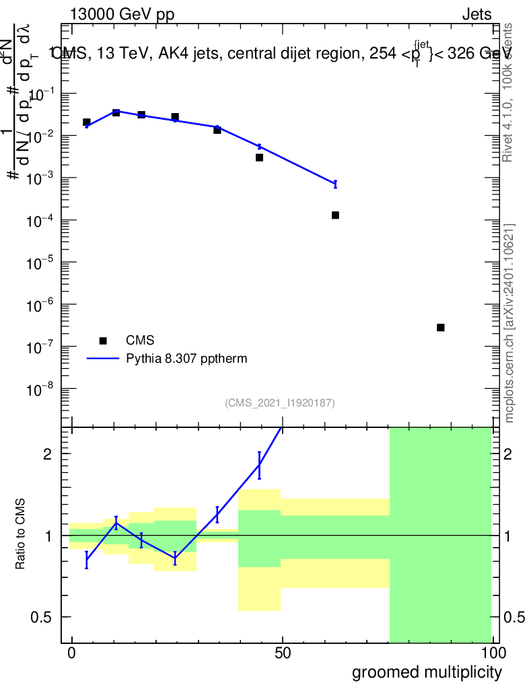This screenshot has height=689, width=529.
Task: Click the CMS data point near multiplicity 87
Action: [x=440, y=328]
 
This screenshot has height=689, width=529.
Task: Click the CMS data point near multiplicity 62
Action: [x=335, y=215]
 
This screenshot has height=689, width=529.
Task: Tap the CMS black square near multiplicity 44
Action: [x=259, y=157]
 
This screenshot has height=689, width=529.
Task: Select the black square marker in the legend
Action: [x=103, y=340]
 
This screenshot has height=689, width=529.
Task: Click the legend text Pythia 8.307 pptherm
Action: [x=186, y=359]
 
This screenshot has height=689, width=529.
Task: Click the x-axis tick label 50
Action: [x=283, y=653]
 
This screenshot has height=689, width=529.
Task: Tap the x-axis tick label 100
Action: [x=493, y=653]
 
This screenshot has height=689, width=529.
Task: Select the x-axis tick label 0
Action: [x=72, y=653]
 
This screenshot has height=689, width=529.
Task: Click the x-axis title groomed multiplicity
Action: [x=427, y=672]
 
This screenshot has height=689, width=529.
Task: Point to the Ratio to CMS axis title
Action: [x=21, y=536]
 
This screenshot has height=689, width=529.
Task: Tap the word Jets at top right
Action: [x=477, y=15]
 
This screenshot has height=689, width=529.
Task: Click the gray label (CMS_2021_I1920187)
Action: [x=280, y=403]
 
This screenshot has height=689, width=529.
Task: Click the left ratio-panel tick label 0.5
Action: [x=42, y=617]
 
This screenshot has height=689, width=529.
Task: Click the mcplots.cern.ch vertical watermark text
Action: [x=509, y=323]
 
